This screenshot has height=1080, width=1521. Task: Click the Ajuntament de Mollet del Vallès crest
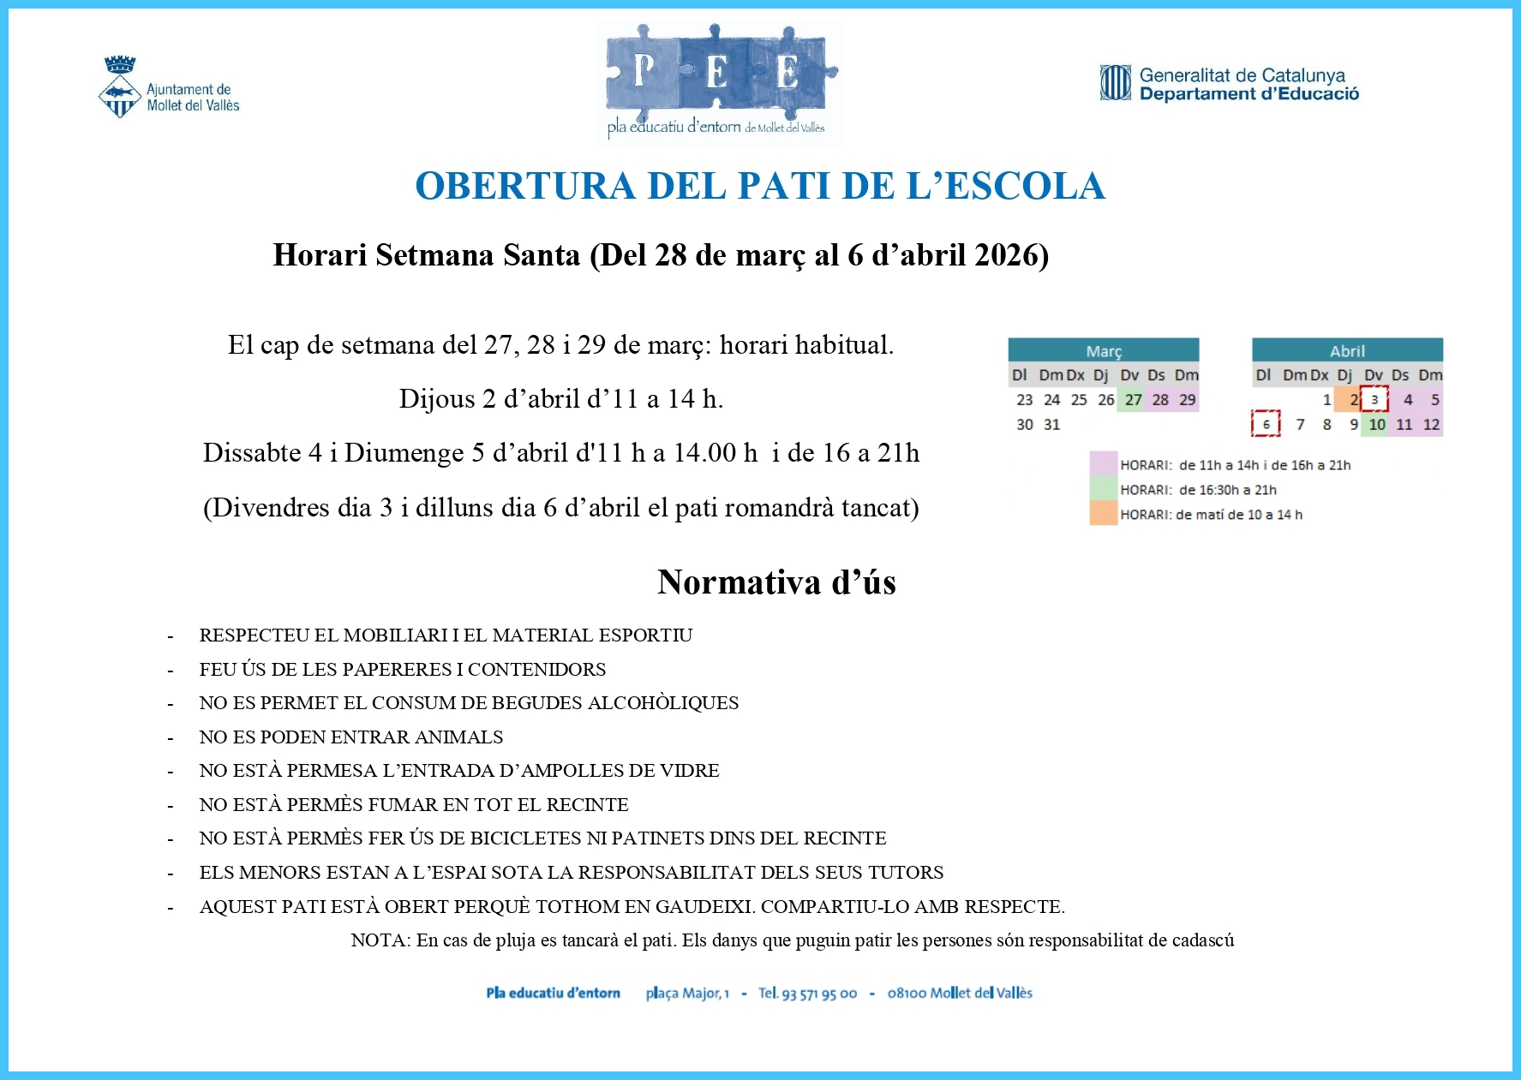120,87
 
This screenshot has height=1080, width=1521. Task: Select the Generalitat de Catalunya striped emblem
1116,83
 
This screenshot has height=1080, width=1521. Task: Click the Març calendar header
1103,350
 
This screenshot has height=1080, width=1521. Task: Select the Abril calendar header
1347,350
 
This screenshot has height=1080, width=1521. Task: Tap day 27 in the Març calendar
1133,400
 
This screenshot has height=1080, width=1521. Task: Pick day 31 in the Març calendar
1052,425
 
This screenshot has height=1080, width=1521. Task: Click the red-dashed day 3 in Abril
1374,400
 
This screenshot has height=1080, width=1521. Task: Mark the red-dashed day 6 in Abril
1266,425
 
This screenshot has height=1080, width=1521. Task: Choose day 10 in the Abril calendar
1376,425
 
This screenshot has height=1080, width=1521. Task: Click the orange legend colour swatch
1104,514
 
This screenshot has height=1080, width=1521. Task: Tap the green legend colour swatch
1104,489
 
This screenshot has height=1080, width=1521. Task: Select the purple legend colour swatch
1104,464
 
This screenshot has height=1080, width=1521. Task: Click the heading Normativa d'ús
776,582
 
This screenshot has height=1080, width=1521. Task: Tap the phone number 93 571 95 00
818,993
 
